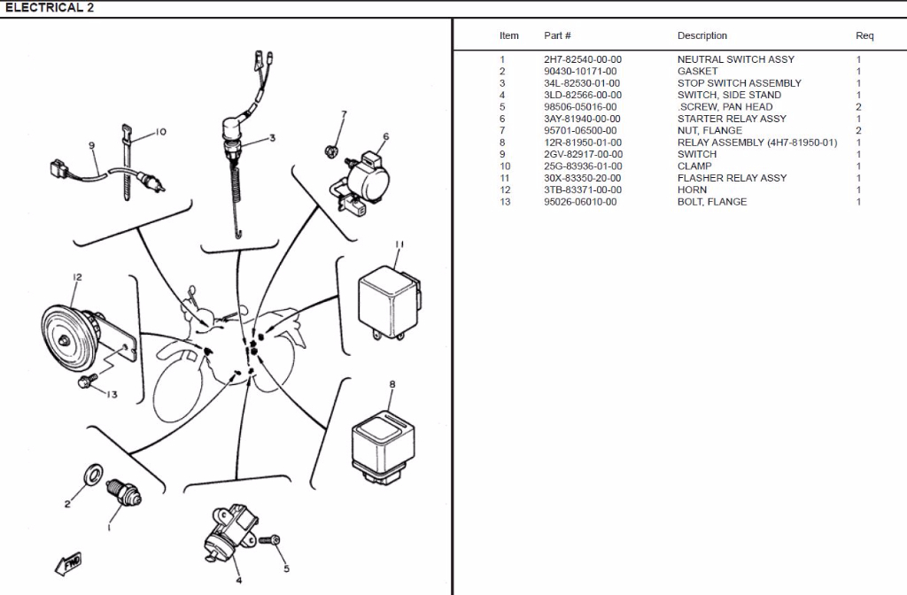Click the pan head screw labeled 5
[x=272, y=540]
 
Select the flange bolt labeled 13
[x=86, y=382]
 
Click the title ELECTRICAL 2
[x=50, y=8]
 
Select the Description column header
[x=702, y=36]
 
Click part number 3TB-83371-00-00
[x=582, y=189]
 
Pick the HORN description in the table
[x=692, y=189]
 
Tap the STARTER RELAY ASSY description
[x=731, y=119]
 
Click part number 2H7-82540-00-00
[x=582, y=59]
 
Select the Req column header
[x=864, y=36]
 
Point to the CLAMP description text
[x=694, y=166]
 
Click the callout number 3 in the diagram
[x=272, y=138]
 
